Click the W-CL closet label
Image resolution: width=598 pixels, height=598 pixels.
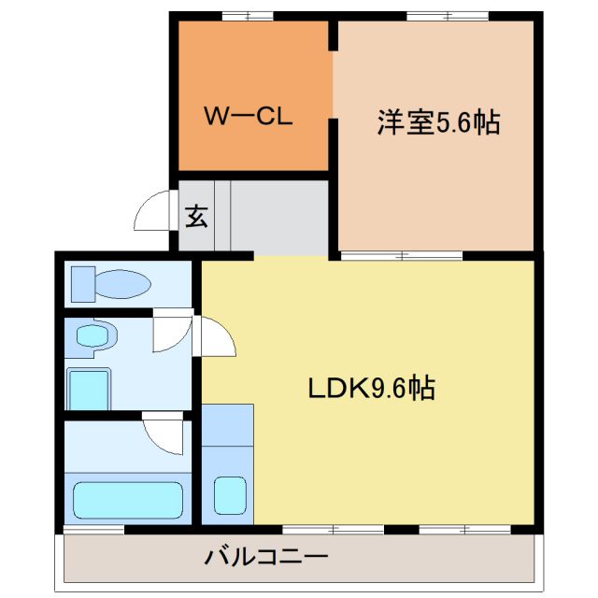click(x=249, y=119)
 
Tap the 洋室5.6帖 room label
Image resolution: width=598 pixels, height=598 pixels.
click(x=437, y=122)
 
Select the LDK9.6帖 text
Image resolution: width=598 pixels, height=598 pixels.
click(x=371, y=388)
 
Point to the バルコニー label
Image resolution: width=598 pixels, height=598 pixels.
click(x=266, y=559)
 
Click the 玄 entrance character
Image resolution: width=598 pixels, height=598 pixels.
click(x=195, y=216)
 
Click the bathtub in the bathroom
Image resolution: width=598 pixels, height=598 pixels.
click(x=128, y=500)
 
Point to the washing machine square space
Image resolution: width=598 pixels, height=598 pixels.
click(x=90, y=387)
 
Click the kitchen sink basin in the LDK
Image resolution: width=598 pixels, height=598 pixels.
click(x=227, y=494)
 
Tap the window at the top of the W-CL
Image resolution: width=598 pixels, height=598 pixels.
click(x=248, y=15)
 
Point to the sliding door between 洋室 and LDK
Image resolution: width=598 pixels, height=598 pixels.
click(x=402, y=254)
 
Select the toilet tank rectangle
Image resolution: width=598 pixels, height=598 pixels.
click(x=81, y=283)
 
